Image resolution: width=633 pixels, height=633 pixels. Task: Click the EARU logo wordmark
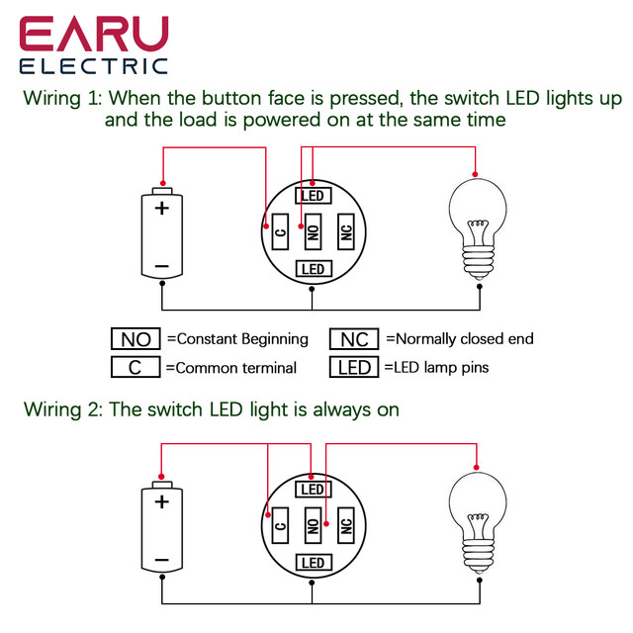[x=94, y=34]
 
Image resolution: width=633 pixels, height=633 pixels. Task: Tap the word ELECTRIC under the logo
[x=94, y=66]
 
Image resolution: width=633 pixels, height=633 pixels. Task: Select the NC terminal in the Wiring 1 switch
[x=346, y=231]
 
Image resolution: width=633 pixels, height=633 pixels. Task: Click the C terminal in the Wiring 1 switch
[x=280, y=231]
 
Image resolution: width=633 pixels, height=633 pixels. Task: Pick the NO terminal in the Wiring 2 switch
[x=313, y=525]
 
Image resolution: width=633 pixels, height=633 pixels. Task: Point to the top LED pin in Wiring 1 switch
[x=314, y=196]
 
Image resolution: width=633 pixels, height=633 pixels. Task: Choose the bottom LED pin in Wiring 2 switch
[x=314, y=563]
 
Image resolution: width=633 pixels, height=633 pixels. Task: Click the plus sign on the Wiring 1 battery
[x=162, y=209]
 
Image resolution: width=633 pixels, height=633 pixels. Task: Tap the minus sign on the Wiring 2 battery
[x=162, y=560]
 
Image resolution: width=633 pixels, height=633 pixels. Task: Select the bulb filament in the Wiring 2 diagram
[x=479, y=521]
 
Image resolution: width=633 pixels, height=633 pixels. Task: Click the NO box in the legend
[x=136, y=338]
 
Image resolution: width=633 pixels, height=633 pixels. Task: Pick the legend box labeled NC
[x=354, y=338]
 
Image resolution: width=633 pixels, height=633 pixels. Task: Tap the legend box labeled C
[x=136, y=367]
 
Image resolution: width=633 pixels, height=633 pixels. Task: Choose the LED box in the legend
[x=354, y=367]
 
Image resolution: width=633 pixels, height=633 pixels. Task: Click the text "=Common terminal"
[x=231, y=368]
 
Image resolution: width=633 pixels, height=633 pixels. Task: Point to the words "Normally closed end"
[x=465, y=338]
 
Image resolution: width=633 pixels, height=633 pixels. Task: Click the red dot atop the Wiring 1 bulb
[x=475, y=174]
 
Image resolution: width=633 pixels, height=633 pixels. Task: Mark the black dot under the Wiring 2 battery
[x=162, y=578]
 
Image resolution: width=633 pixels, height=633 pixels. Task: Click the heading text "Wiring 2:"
[x=63, y=409]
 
